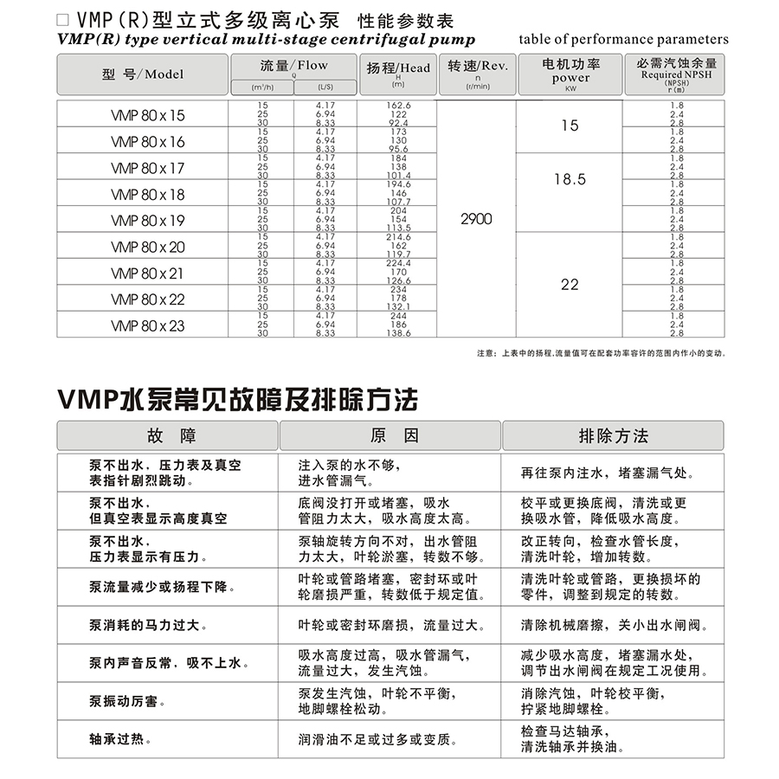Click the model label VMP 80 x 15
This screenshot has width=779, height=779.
[148, 115]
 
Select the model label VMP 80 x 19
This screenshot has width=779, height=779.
[148, 220]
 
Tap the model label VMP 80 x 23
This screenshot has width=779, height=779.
[148, 325]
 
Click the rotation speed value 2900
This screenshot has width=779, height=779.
[476, 219]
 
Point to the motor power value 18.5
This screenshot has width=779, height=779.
[570, 179]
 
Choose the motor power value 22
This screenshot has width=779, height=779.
[570, 284]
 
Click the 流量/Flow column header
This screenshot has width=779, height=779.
[293, 67]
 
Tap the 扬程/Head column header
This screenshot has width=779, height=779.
[398, 68]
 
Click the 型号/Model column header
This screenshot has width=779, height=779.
[143, 74]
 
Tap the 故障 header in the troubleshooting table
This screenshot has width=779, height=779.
[167, 435]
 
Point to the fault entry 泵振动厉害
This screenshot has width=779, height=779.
[127, 701]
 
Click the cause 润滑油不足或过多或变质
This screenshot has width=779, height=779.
[377, 739]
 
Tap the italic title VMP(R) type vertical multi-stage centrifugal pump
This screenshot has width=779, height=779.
[266, 40]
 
